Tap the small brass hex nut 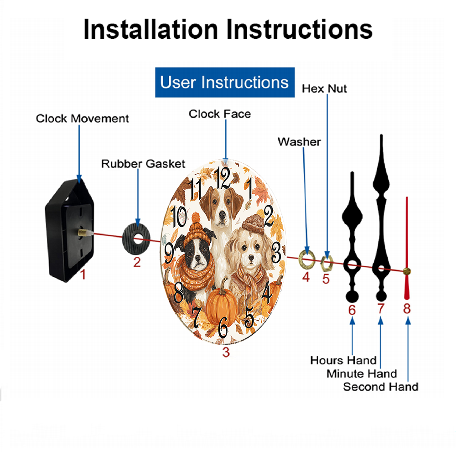326,263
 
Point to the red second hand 407,248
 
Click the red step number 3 226,352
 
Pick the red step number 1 83,274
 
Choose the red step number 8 407,309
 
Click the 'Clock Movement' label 82,119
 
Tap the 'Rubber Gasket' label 143,164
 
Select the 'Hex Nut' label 324,89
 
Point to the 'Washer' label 299,142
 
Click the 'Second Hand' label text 381,387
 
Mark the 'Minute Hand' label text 362,374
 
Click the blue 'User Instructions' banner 225,82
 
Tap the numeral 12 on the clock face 223,178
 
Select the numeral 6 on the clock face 223,327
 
